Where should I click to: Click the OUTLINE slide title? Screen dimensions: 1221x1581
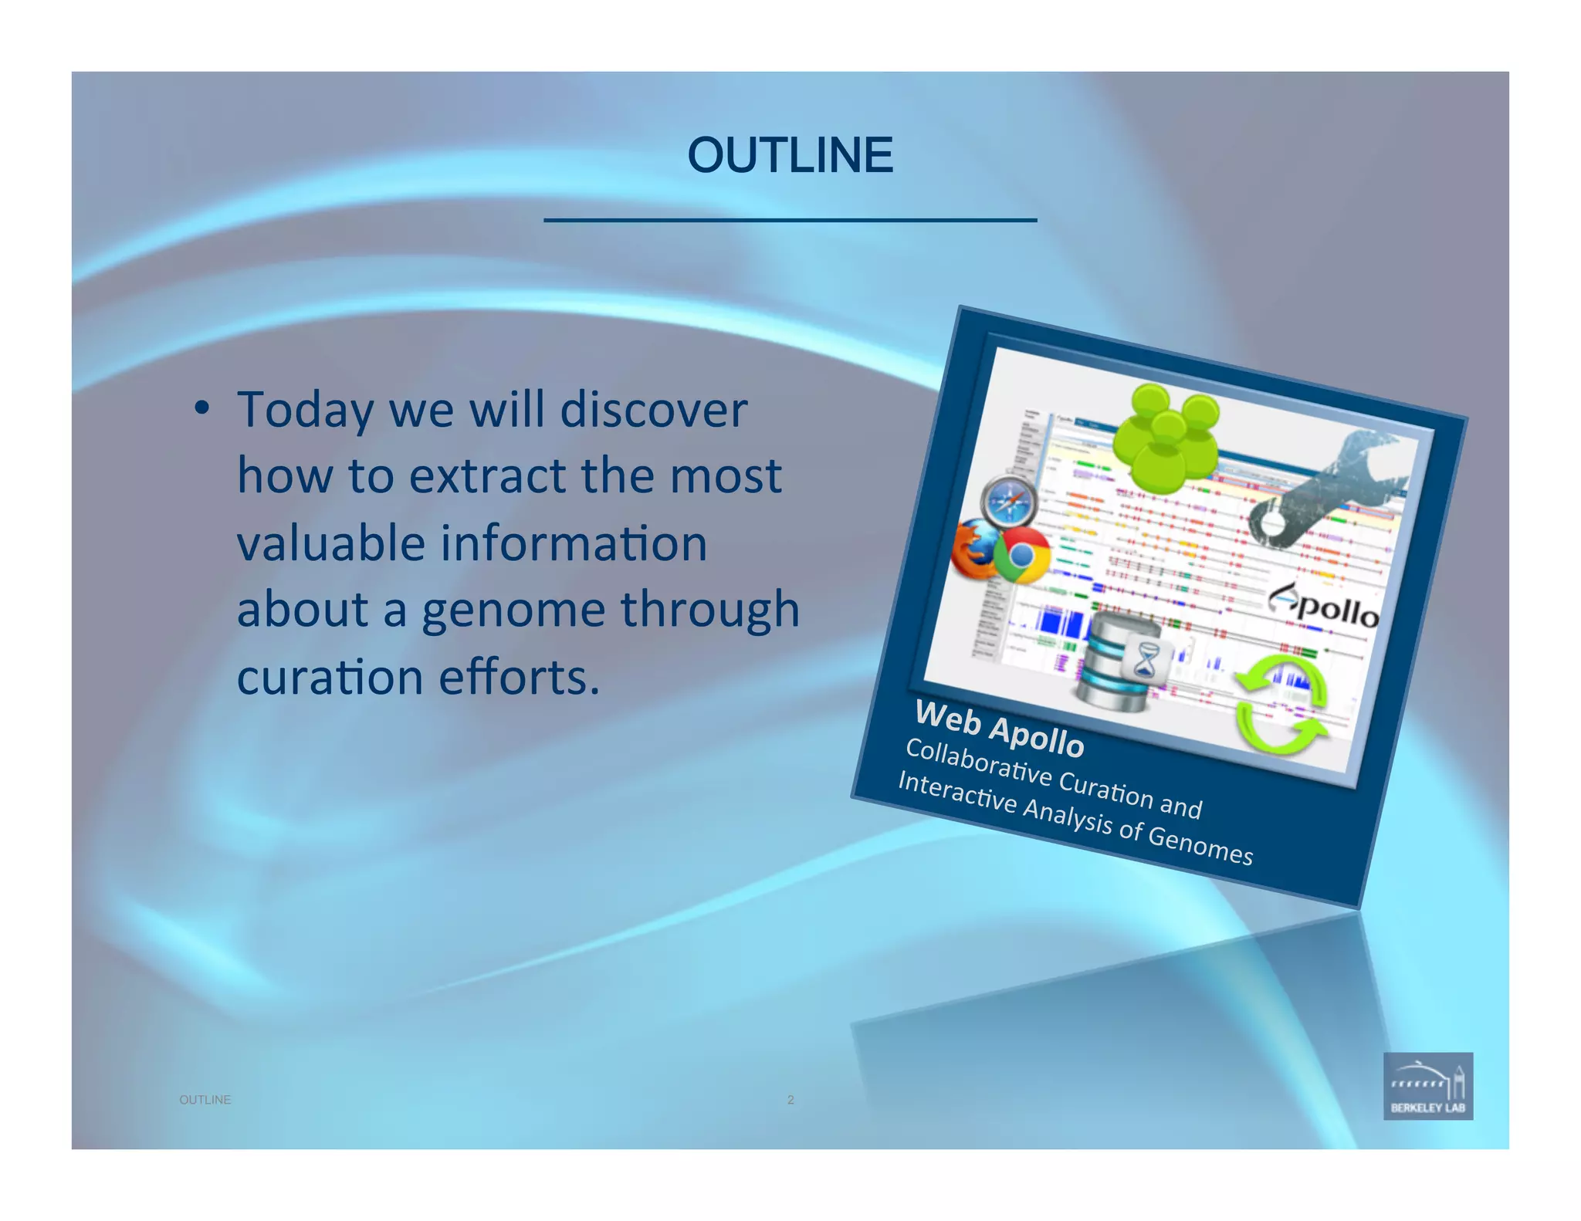(x=790, y=155)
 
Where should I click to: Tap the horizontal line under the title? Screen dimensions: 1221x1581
(x=790, y=221)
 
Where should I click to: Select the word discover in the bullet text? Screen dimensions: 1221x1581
(x=653, y=409)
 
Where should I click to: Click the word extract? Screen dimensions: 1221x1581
(x=487, y=476)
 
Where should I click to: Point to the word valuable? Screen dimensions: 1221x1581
(x=330, y=543)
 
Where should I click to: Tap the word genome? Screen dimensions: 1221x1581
(x=513, y=610)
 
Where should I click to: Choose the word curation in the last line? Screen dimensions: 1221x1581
(x=330, y=677)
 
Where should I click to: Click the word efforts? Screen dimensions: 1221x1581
(x=519, y=677)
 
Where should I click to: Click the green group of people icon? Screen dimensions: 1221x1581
(x=1166, y=436)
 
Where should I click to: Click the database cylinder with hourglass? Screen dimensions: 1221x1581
(x=1123, y=659)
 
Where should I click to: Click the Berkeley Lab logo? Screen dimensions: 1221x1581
(x=1427, y=1085)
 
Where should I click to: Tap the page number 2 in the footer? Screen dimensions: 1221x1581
(x=790, y=1100)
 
